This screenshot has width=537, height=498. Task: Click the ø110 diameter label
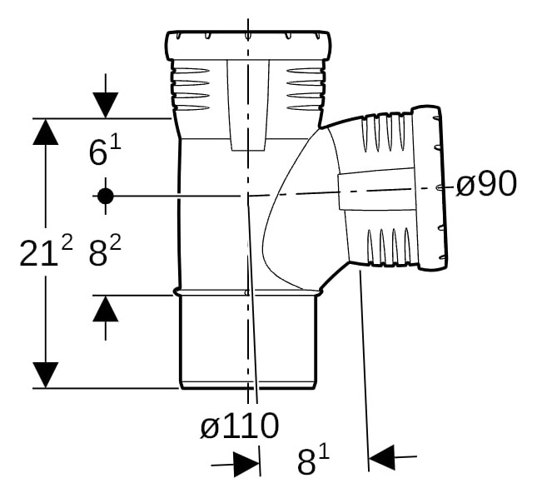[240, 425]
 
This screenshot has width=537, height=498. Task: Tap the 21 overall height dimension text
[46, 253]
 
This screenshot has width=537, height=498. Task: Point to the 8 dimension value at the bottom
[313, 462]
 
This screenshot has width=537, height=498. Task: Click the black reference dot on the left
[106, 197]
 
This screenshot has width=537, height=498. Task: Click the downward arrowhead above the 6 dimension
[106, 105]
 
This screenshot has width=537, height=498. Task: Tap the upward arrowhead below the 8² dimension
[106, 309]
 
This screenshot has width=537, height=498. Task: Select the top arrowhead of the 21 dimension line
[46, 132]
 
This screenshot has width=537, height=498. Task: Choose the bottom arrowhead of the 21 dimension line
[46, 375]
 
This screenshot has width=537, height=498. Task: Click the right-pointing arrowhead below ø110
[246, 465]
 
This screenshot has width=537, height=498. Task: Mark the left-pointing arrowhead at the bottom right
[381, 457]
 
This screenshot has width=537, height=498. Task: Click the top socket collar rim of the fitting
[249, 47]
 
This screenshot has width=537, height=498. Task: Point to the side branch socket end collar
[430, 187]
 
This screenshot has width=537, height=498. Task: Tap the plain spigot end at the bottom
[247, 341]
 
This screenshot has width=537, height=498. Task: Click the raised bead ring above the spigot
[248, 292]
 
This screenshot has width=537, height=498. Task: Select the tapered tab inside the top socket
[248, 106]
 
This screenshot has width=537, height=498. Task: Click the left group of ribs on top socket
[190, 89]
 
